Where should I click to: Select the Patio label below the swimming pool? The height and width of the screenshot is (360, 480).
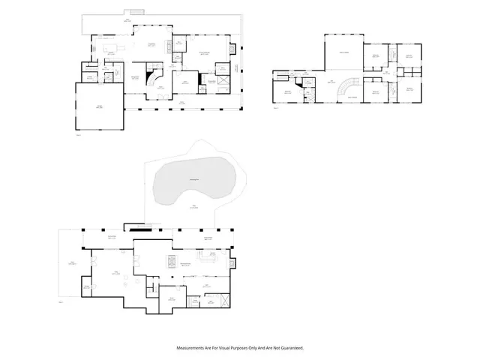(x=193, y=207)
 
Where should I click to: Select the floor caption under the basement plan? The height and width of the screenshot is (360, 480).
(x=61, y=303)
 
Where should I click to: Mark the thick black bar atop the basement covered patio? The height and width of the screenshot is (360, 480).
(x=136, y=229)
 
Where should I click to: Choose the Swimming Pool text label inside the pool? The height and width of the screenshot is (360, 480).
(x=193, y=178)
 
